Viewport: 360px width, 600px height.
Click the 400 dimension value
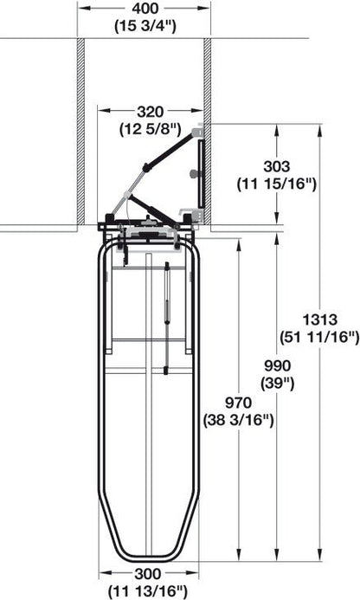pos(145,9)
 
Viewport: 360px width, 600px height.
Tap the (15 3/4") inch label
pos(145,25)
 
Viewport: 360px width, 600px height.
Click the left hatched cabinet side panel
pos(81,130)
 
